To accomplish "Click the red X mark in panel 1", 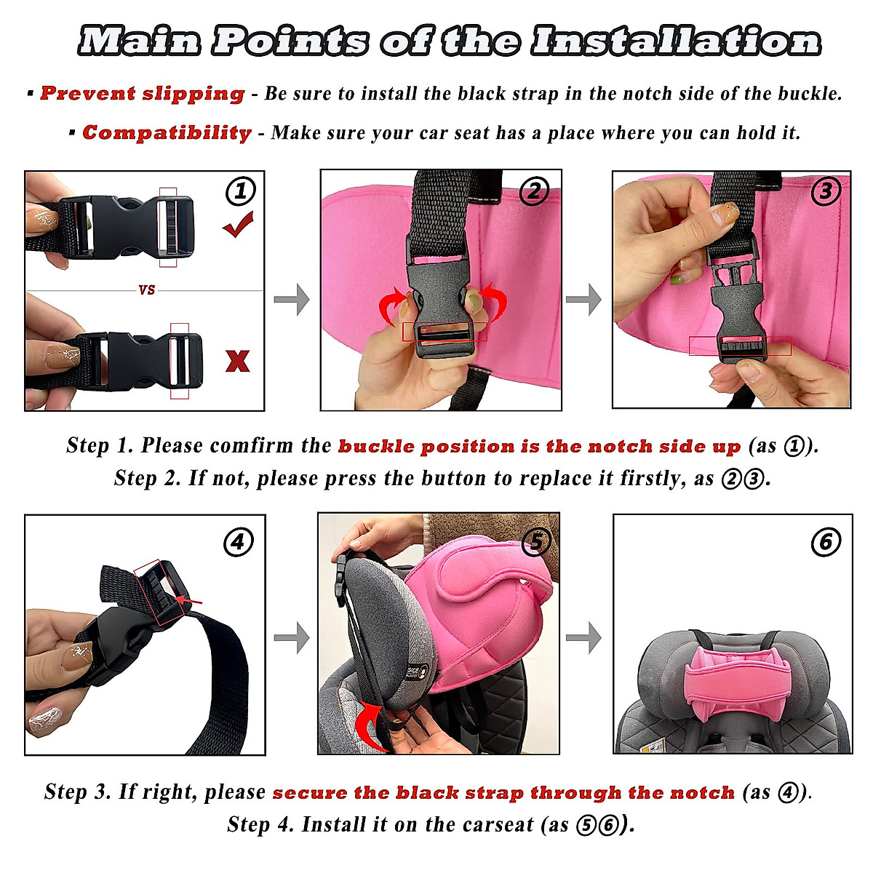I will [237, 361].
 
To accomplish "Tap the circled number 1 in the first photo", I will [241, 191].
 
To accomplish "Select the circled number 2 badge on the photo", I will [534, 191].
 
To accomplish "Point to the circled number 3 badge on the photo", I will [826, 191].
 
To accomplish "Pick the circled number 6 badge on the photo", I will [826, 542].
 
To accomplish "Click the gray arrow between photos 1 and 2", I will [292, 299].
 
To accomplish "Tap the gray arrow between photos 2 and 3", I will [583, 299].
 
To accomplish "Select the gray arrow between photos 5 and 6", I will [583, 638].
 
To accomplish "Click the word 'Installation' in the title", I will [676, 41].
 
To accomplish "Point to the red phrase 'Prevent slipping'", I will [143, 94].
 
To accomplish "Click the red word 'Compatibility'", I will [167, 133].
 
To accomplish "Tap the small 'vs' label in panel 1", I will [147, 290].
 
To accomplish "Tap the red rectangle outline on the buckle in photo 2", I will [445, 332].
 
